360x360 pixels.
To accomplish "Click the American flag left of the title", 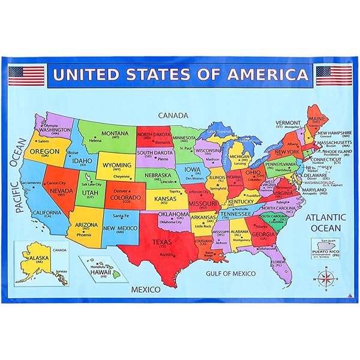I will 26,76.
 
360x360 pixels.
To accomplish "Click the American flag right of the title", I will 334,76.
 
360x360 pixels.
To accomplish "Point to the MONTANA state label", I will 114,133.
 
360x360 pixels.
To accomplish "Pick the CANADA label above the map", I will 173,115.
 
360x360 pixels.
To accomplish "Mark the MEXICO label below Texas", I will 145,289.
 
